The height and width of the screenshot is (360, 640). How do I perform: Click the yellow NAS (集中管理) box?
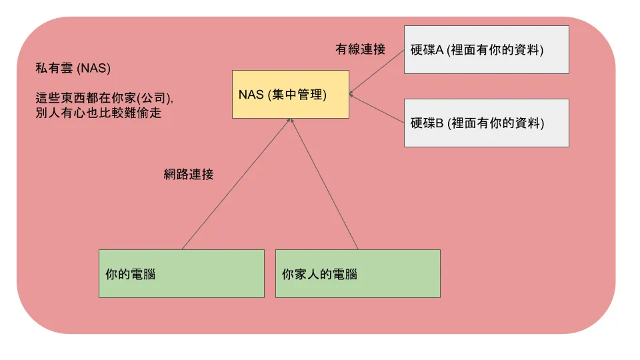tap(290, 94)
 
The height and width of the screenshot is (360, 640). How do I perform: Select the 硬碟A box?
tap(486, 49)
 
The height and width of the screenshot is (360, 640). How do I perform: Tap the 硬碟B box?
tap(486, 123)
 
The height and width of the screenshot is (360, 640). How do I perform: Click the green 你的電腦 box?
tap(181, 273)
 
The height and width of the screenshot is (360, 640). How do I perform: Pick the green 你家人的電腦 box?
tap(357, 273)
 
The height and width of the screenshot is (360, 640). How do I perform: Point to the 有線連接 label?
tap(360, 49)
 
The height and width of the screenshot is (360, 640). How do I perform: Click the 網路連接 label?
tap(189, 175)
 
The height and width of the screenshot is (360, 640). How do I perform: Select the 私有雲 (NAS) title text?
tap(73, 69)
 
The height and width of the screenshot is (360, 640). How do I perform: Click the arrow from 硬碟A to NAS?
tap(377, 70)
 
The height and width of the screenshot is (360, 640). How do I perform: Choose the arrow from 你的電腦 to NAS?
tap(235, 185)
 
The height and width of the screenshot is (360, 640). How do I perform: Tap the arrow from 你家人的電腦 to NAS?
tap(325, 185)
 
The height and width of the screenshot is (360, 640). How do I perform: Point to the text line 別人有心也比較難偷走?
tap(99, 113)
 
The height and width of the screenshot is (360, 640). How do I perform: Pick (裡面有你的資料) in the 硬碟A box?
tap(495, 50)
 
